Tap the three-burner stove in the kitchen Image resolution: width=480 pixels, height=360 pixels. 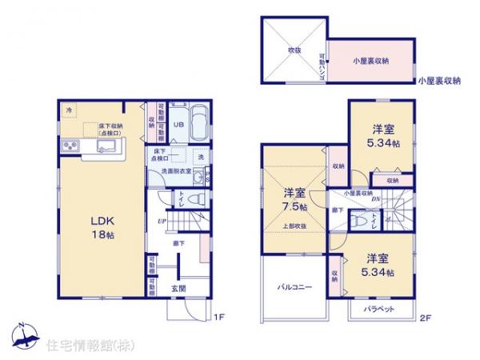[x=68, y=146]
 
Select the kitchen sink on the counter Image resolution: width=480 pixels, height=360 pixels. [x=106, y=146]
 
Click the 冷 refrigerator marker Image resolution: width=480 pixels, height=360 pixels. [x=69, y=110]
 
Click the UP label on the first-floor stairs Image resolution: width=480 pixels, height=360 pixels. [x=162, y=220]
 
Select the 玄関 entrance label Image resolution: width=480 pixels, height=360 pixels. [x=178, y=288]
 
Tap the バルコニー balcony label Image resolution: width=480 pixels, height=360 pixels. [x=294, y=286]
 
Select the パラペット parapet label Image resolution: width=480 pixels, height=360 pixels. [x=377, y=308]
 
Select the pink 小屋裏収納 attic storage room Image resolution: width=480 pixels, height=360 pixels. [x=370, y=61]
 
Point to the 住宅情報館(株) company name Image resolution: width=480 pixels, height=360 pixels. [x=80, y=345]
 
